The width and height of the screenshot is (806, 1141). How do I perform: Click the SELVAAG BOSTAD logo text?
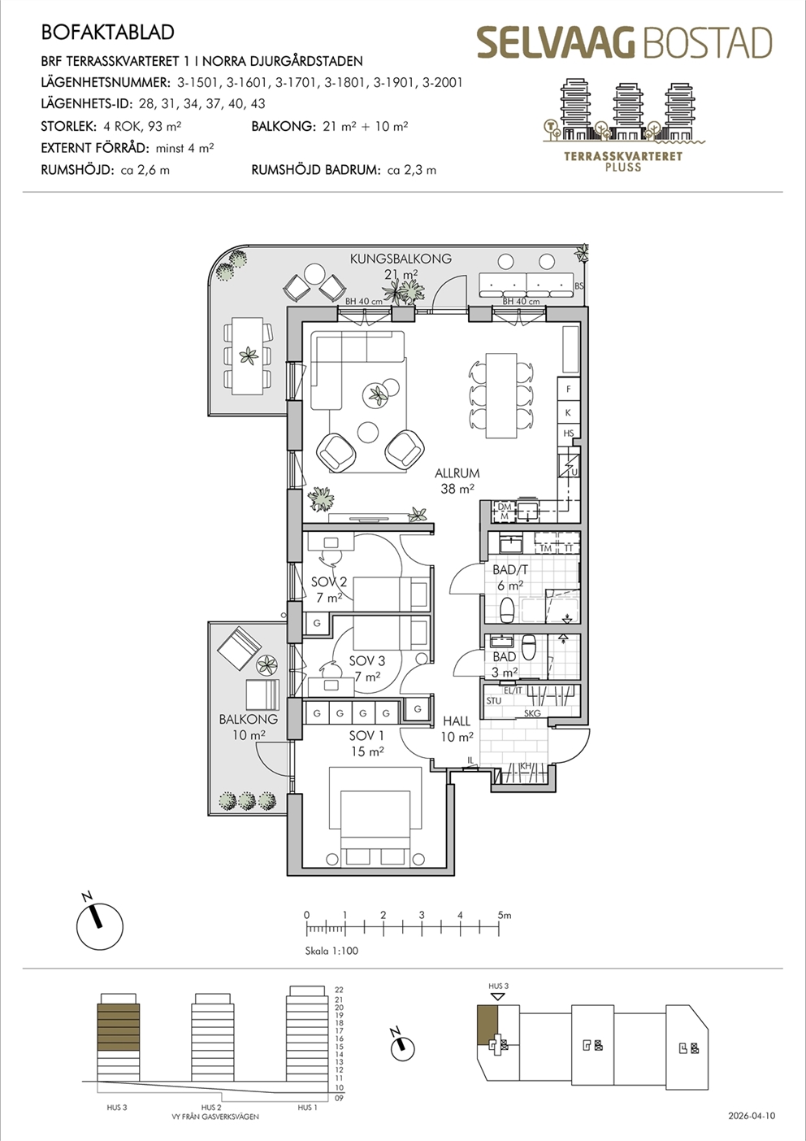click(624, 43)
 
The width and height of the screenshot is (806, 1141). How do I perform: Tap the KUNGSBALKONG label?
click(401, 259)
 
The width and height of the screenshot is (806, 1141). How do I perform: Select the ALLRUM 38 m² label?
click(457, 481)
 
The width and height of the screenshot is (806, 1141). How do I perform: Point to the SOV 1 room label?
click(367, 743)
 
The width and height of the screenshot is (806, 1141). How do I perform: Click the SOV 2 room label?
click(329, 590)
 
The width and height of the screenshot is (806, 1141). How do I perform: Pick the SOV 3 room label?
click(367, 668)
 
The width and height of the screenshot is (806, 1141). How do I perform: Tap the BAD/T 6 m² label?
click(510, 577)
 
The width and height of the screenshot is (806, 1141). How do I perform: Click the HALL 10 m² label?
click(457, 729)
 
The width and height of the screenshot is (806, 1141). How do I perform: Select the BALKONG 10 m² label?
click(248, 727)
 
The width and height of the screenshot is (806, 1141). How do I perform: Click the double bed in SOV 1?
click(375, 816)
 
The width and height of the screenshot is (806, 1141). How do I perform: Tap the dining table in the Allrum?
click(501, 395)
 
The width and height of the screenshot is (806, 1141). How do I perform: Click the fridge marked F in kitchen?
click(569, 390)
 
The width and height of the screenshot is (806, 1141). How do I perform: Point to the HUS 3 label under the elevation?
click(117, 1108)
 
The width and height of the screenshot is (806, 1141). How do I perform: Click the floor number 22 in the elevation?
click(339, 991)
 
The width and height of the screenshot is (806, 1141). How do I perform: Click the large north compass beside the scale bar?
click(100, 925)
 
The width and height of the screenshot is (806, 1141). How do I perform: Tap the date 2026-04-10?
click(752, 1116)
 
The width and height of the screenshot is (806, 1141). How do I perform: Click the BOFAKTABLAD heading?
click(107, 33)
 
